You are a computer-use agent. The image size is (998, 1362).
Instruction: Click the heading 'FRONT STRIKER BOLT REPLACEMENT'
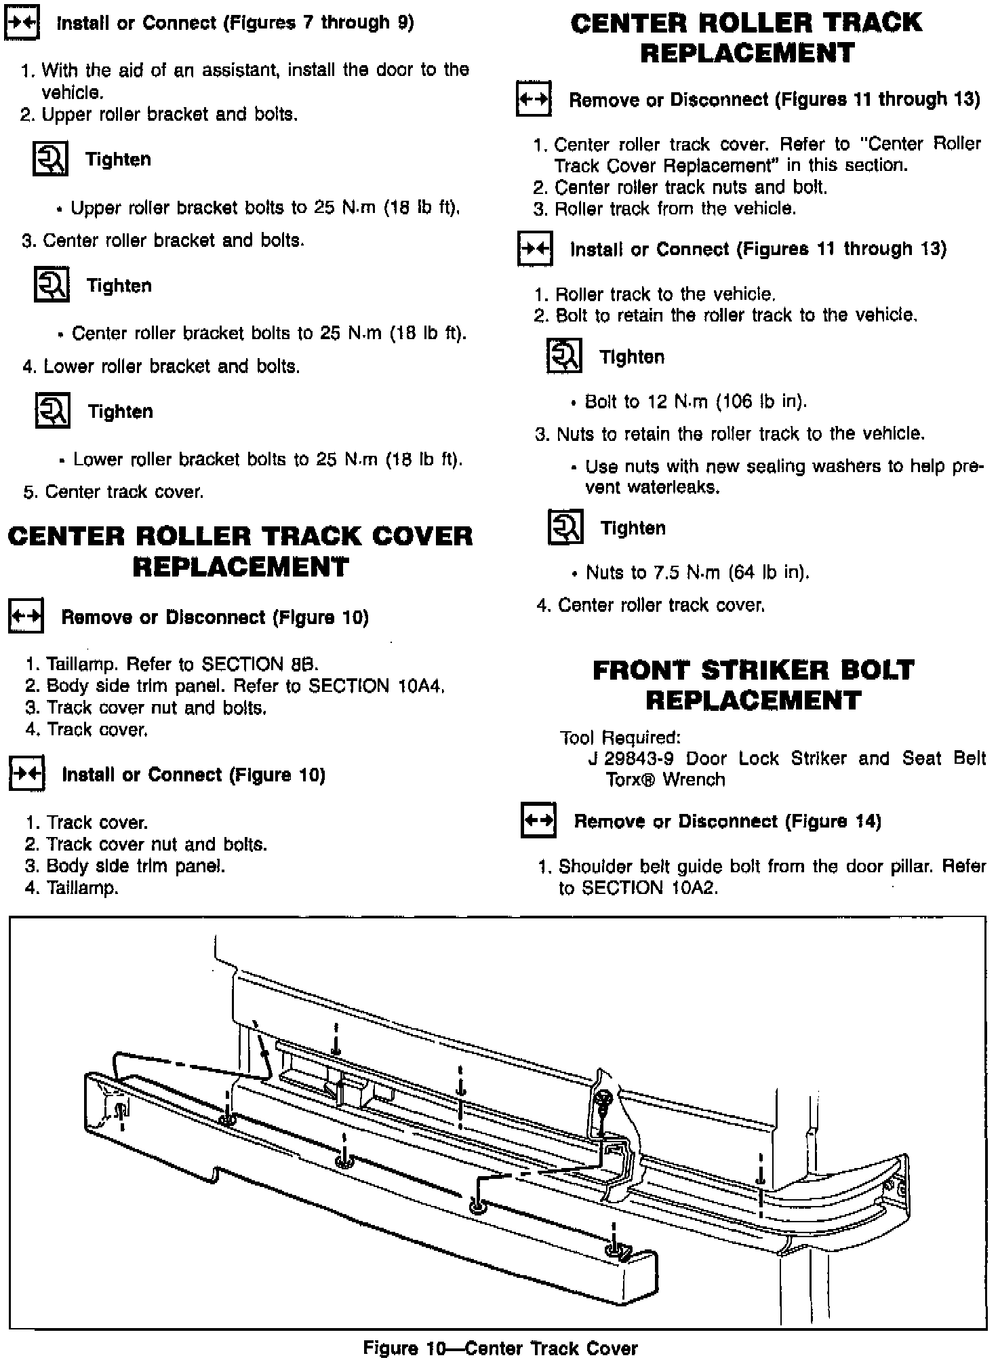coord(753,685)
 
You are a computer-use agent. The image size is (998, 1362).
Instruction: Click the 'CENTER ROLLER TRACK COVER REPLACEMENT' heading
coord(240,551)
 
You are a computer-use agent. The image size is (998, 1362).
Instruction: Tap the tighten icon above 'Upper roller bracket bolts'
coord(50,159)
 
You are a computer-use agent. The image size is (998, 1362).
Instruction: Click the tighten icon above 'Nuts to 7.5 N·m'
coord(565,528)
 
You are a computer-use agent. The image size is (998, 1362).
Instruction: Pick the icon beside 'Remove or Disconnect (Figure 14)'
coord(538,821)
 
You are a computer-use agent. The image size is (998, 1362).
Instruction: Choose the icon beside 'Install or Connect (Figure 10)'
coord(26,774)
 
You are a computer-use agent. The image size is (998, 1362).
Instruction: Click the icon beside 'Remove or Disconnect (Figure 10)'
coord(26,617)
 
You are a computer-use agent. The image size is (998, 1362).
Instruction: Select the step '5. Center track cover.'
coord(113,492)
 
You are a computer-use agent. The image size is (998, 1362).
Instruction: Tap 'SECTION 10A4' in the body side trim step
coord(376,686)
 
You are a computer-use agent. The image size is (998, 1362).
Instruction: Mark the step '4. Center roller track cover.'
coord(650,605)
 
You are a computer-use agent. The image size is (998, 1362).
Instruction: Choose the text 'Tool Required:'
coord(620,737)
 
